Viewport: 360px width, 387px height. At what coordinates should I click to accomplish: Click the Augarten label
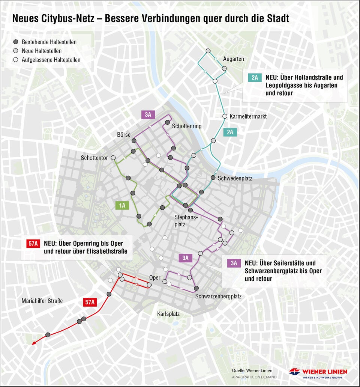pyautogui.click(x=233, y=59)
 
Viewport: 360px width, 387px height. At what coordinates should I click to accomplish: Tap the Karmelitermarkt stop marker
pyautogui.click(x=225, y=116)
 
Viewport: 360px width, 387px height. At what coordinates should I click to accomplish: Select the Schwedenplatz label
pyautogui.click(x=235, y=178)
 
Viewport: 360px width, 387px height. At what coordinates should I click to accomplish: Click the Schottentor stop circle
pyautogui.click(x=113, y=158)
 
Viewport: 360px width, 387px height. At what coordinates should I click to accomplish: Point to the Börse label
pyautogui.click(x=124, y=135)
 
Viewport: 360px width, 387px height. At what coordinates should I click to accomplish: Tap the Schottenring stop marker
pyautogui.click(x=167, y=122)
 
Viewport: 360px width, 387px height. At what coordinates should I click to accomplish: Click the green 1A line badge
pyautogui.click(x=122, y=205)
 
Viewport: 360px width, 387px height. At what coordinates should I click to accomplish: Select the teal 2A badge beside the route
pyautogui.click(x=229, y=132)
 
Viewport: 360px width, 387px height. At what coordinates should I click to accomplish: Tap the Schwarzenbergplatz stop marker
pyautogui.click(x=196, y=288)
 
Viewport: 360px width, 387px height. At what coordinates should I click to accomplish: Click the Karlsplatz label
pyautogui.click(x=168, y=314)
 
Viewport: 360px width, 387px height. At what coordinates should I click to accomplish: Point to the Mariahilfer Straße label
pyautogui.click(x=42, y=301)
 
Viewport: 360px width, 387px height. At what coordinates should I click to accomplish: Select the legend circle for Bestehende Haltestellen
pyautogui.click(x=16, y=42)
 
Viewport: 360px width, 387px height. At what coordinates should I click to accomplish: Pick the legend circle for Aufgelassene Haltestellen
pyautogui.click(x=16, y=60)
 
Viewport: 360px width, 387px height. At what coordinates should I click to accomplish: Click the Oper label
pyautogui.click(x=154, y=278)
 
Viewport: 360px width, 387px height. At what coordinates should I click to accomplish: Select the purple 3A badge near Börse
pyautogui.click(x=148, y=115)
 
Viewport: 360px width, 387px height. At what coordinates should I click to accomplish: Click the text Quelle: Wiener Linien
pyautogui.click(x=252, y=370)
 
